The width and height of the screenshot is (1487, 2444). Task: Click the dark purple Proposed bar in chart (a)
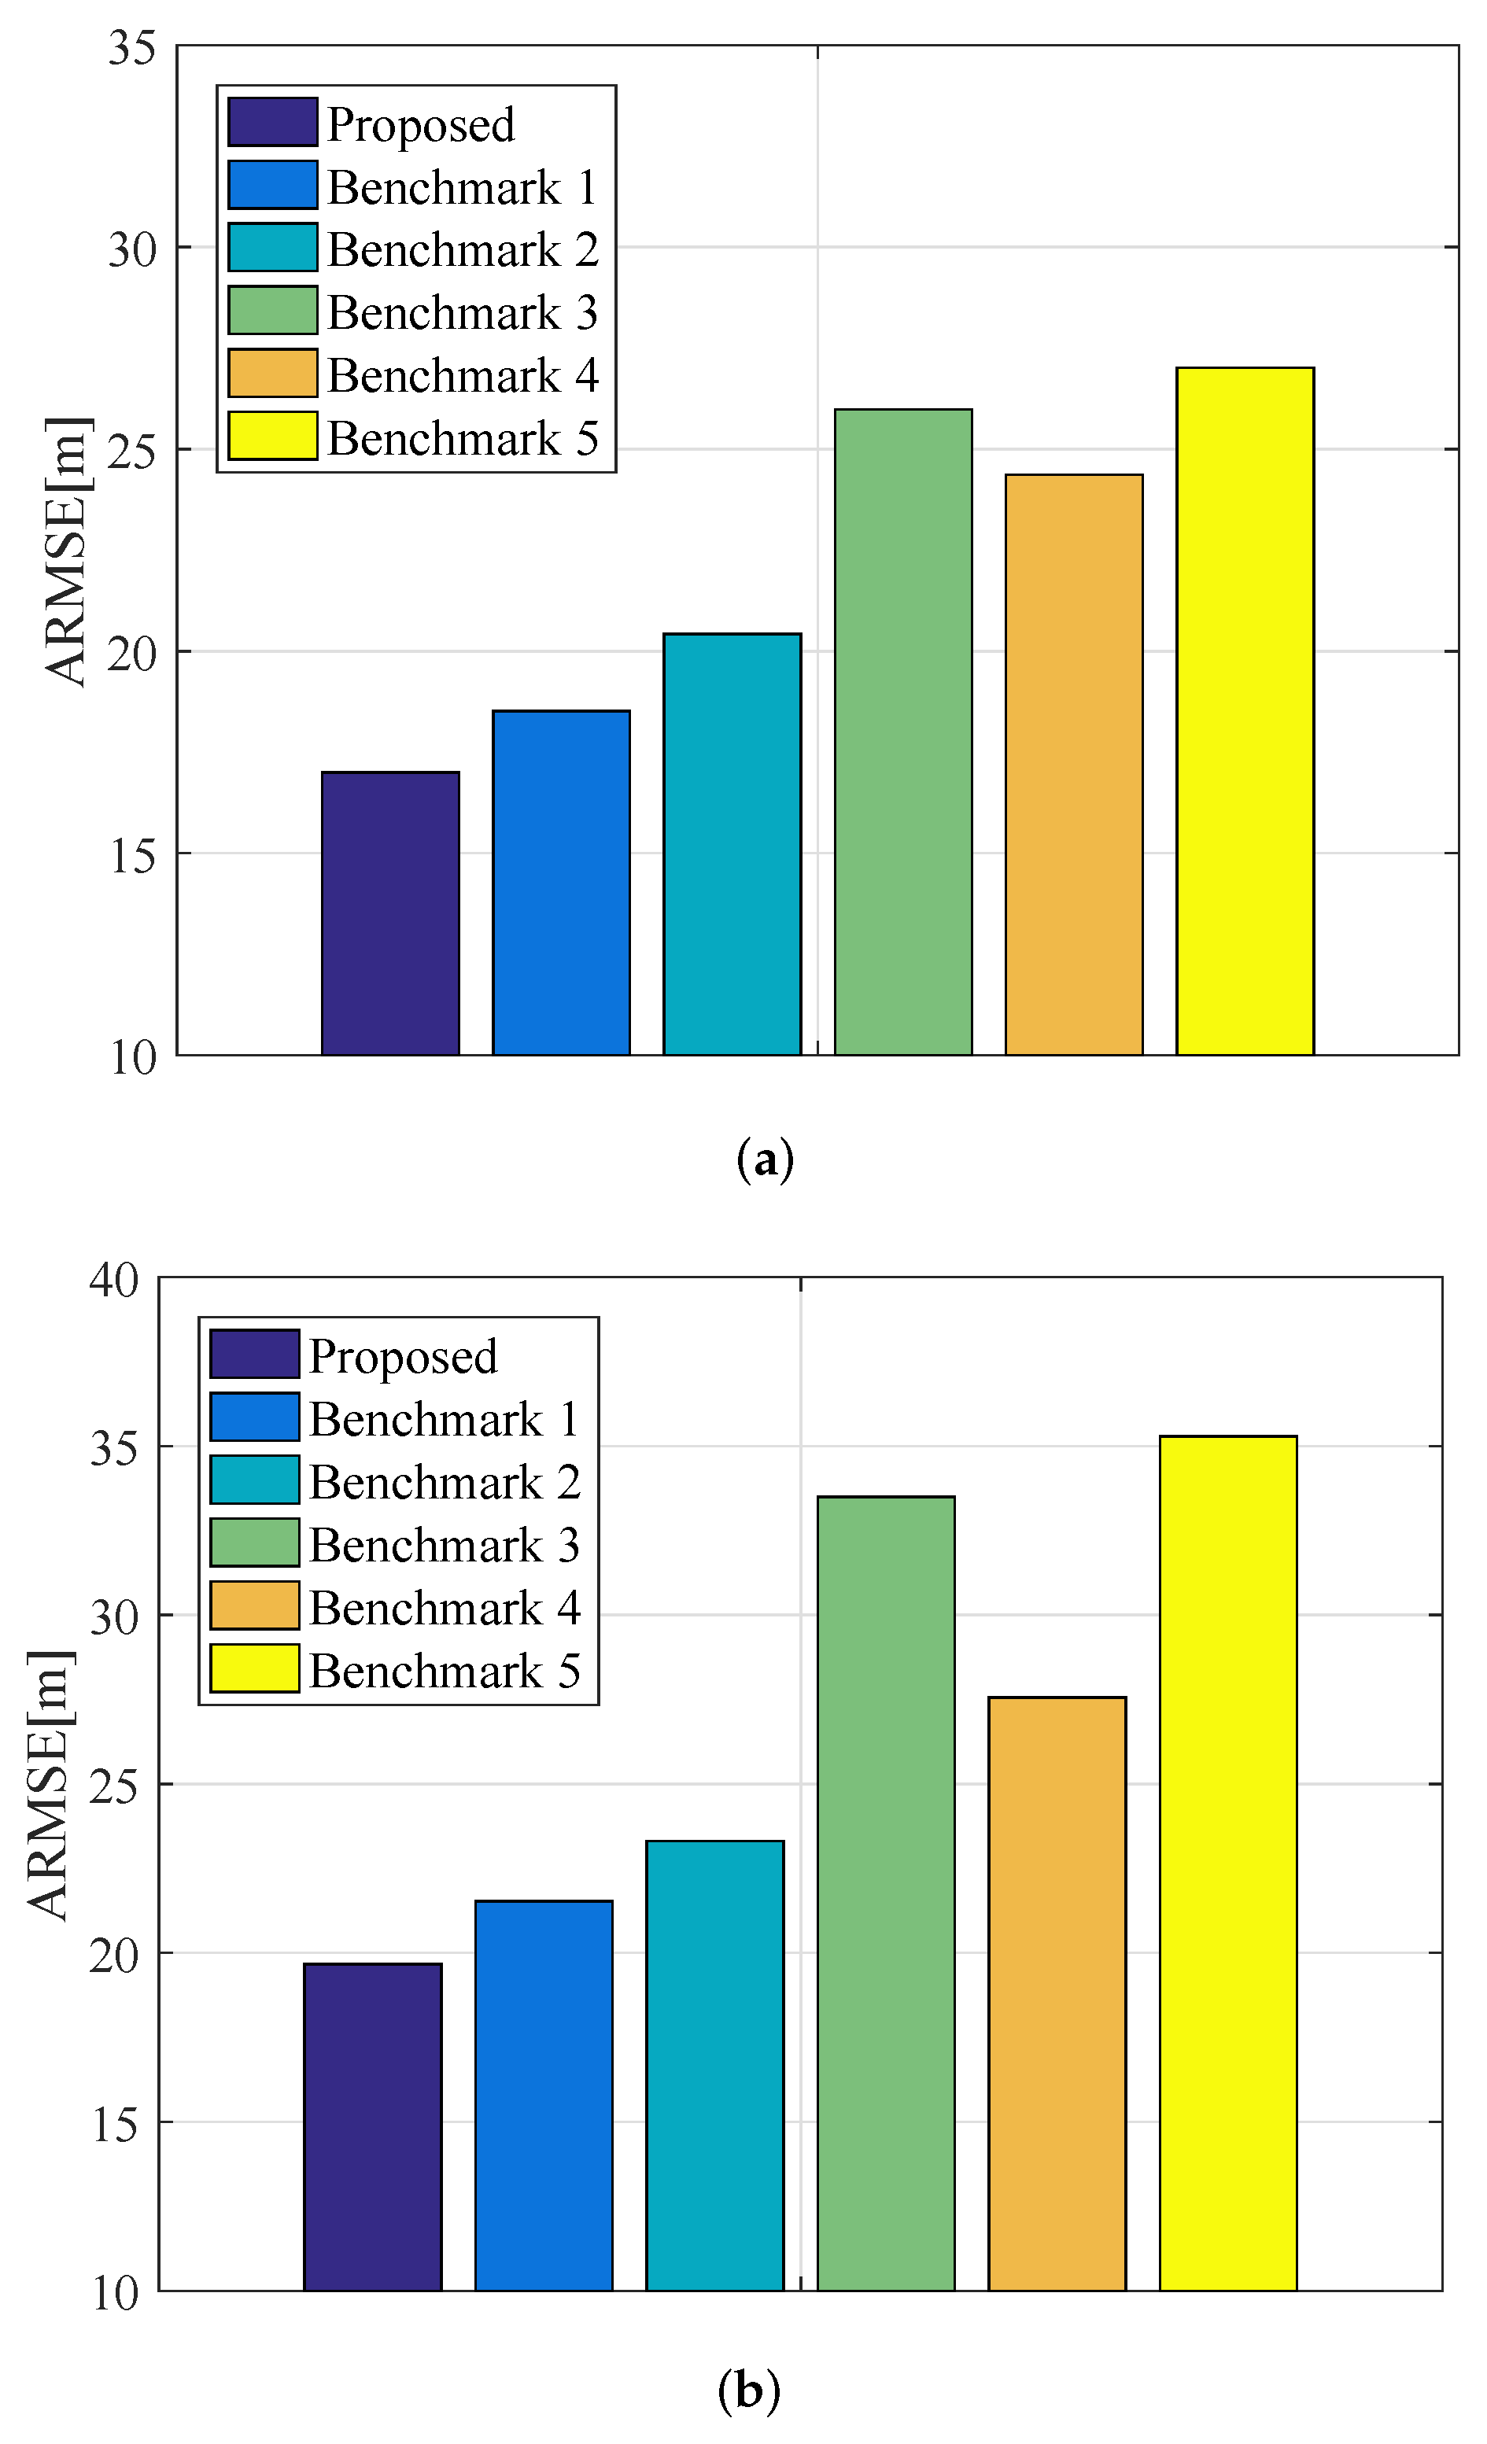pos(390,912)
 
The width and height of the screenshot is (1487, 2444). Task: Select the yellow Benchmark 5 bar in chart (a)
pos(1244,710)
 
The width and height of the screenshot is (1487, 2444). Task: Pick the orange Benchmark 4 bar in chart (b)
pos(1057,1994)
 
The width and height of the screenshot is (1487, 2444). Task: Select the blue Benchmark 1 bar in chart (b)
pos(544,2095)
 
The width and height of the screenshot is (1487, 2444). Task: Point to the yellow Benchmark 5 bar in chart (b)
pos(1227,1863)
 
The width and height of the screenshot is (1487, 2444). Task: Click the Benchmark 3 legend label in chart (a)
pos(463,312)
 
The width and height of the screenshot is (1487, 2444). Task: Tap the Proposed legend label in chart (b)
pos(403,1356)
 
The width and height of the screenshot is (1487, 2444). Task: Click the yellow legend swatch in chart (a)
pos(271,437)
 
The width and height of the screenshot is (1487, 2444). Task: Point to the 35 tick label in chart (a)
pos(132,48)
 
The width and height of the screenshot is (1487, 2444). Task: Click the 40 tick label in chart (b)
pos(114,1280)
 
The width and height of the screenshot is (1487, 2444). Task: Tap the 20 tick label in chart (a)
pos(132,653)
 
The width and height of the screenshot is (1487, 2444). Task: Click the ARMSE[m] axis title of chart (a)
pos(68,551)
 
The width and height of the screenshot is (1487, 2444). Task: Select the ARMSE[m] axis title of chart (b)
pos(49,1786)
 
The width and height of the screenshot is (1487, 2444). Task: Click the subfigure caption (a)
pos(765,1159)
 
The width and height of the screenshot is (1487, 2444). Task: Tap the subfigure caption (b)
pos(748,2391)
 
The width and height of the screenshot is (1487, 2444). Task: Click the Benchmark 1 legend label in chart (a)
pos(463,187)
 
